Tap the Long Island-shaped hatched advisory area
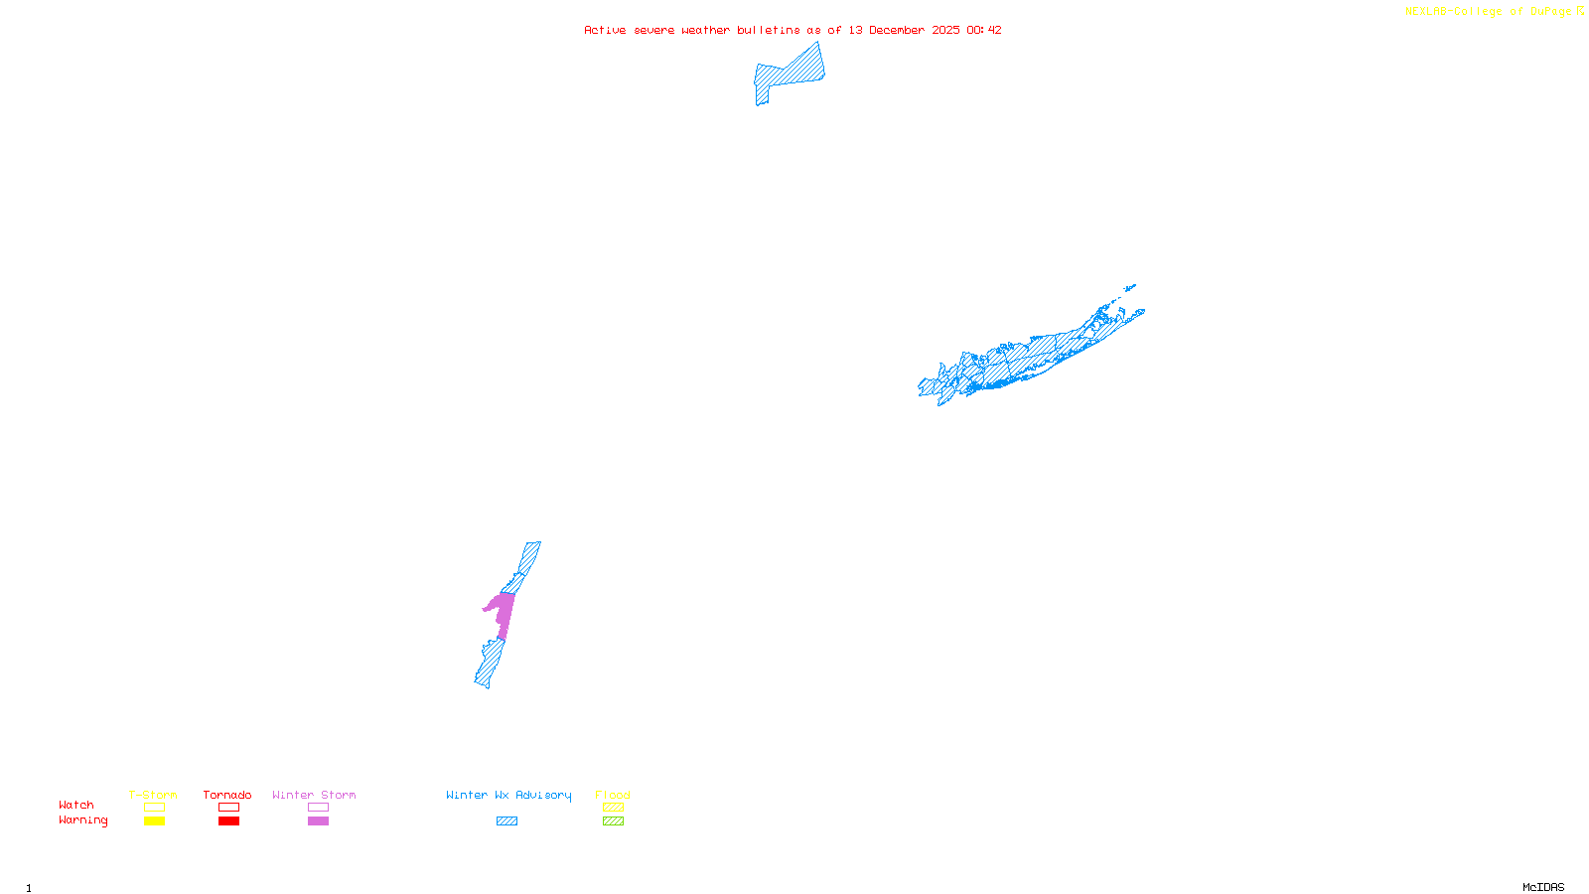tap(1033, 358)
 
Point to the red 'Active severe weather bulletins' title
tap(793, 30)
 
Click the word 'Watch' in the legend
tap(76, 805)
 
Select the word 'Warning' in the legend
tap(83, 820)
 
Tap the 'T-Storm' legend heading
tap(153, 795)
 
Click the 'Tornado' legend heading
tap(227, 795)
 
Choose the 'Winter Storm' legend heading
tap(314, 795)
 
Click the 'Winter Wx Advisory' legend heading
tap(508, 795)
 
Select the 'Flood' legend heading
tap(613, 795)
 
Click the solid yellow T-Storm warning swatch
tap(154, 821)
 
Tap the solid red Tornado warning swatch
tap(229, 821)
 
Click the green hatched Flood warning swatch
tap(614, 821)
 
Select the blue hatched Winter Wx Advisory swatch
tap(507, 821)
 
